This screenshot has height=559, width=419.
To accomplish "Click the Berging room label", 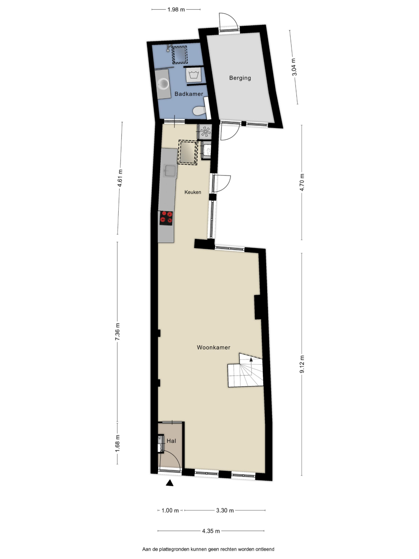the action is tap(240, 78).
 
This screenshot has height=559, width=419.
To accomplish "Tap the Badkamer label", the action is tap(189, 94).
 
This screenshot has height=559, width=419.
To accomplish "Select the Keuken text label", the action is tap(193, 192).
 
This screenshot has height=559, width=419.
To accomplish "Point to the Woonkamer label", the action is tap(213, 347).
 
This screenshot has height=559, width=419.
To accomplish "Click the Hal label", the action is tap(171, 441).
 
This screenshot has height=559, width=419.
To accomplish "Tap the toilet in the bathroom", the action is tap(199, 111).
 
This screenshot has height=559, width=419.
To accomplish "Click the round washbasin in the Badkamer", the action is tap(163, 83).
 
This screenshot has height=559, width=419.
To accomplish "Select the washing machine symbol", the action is tap(194, 75).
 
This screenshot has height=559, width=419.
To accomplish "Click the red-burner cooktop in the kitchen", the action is tap(166, 218).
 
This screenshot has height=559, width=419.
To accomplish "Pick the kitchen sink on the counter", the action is tap(170, 171).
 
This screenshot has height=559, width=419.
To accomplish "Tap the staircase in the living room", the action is tap(245, 370).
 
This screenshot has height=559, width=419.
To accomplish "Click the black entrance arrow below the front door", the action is tap(170, 483).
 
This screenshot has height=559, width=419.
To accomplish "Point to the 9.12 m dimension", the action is tap(302, 364).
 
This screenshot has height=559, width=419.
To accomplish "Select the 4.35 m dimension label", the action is tap(211, 531).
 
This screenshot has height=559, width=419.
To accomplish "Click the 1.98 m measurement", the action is tap(176, 10).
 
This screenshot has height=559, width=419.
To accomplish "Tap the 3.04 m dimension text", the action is tap(294, 67).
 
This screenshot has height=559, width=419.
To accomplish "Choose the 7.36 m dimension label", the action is tap(117, 331).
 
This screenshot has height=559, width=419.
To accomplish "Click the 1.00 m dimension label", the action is tap(170, 511).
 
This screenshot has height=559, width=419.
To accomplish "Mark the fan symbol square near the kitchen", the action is tap(205, 131).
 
